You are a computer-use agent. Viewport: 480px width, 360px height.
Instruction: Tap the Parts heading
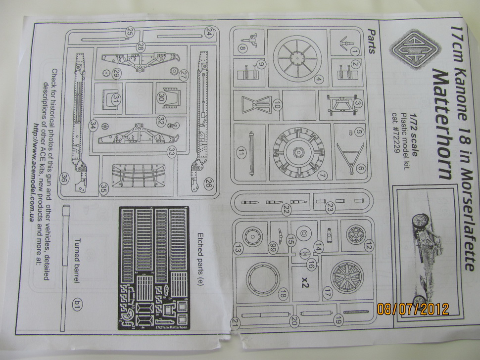tap(372, 42)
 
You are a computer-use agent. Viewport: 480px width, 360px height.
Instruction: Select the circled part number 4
tap(319, 80)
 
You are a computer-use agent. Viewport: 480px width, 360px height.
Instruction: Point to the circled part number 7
tap(322, 175)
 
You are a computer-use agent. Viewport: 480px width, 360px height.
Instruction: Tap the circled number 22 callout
tap(286, 209)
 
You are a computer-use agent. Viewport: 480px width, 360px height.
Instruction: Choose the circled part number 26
tap(208, 182)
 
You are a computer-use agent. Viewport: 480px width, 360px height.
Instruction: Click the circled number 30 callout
tap(162, 97)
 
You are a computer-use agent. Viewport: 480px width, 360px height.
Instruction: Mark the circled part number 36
tap(65, 178)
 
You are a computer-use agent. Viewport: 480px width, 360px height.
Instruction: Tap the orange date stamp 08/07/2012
tap(412, 309)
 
